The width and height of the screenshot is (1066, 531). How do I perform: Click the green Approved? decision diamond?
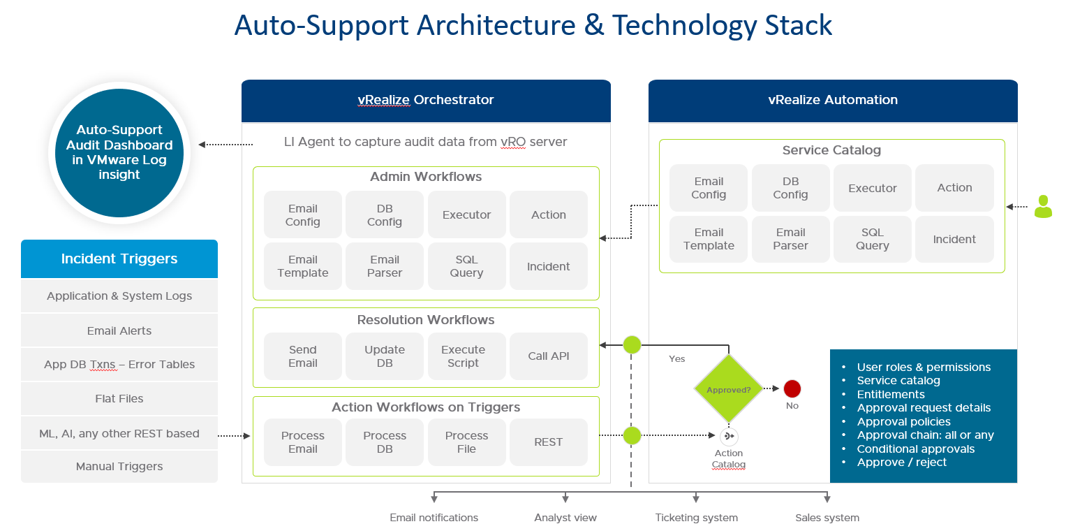tap(728, 389)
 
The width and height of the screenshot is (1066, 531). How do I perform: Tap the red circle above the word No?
tap(792, 389)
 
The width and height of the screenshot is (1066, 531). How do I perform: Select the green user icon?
tap(1043, 207)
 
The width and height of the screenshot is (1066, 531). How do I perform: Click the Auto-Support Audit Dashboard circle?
tap(119, 152)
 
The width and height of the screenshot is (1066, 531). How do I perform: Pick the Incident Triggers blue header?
tap(119, 259)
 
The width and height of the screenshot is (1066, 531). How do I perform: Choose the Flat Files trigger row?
tap(119, 399)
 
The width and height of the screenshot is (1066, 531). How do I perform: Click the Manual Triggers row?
tap(119, 467)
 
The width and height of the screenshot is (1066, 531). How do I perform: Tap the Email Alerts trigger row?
tap(119, 331)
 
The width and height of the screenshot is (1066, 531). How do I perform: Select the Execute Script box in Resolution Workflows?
tap(466, 356)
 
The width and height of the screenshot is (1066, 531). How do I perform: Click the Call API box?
tap(549, 356)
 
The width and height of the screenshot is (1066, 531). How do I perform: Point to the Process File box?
tap(466, 442)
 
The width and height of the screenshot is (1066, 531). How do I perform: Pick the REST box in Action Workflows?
tap(549, 442)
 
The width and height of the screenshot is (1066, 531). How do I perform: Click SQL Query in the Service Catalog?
tap(873, 239)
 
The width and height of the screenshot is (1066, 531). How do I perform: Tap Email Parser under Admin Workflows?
tap(385, 266)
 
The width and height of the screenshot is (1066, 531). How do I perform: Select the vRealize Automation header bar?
tap(833, 100)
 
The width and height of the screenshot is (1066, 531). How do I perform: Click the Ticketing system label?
tap(696, 518)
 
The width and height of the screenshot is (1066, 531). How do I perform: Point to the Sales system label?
tap(827, 518)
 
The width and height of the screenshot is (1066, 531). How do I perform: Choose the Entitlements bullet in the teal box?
tap(891, 394)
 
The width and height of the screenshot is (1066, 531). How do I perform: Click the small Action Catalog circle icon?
tap(729, 437)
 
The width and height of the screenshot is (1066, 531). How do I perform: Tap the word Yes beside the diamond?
tap(677, 359)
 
